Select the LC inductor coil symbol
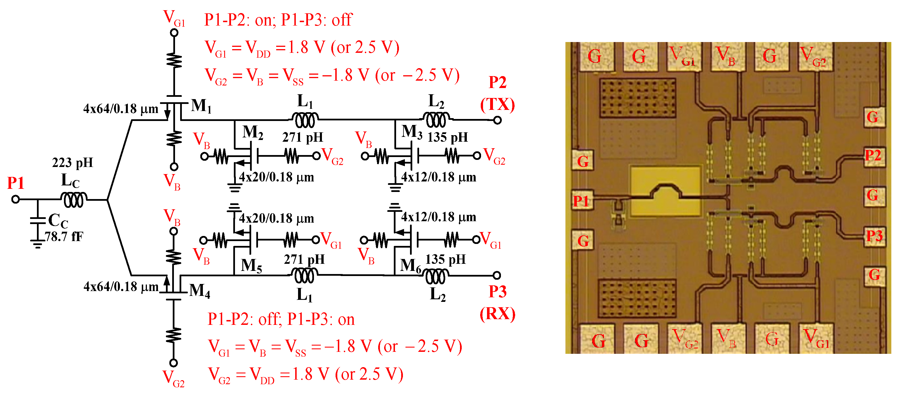[74, 200]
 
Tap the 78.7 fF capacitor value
[64, 237]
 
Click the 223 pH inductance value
[72, 162]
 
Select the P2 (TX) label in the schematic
[497, 93]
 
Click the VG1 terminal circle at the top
[174, 33]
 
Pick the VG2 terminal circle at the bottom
[173, 363]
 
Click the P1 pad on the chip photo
[581, 201]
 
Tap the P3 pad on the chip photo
[874, 236]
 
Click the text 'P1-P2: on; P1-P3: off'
[278, 20]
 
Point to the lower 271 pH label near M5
[304, 260]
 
